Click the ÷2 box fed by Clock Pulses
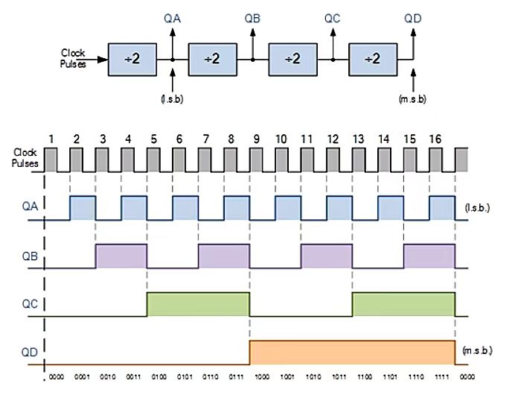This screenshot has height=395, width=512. point(132,59)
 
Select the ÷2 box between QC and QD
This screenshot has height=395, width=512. point(372,59)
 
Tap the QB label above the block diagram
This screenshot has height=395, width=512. point(252,16)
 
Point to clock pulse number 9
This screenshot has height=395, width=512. point(255,139)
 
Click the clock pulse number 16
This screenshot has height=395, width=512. point(435,139)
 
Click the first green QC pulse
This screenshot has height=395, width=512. point(199,304)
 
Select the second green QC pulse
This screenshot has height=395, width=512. point(403,304)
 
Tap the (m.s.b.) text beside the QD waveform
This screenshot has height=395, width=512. point(476,350)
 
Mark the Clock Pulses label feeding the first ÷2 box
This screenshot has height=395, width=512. point(72,58)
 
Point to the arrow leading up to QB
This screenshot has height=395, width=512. point(252,41)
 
